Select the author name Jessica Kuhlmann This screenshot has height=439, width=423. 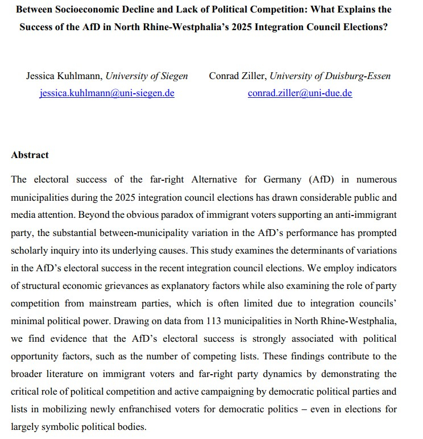coord(64,76)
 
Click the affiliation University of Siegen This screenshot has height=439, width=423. coord(147,76)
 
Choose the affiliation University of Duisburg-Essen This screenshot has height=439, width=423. coord(330,76)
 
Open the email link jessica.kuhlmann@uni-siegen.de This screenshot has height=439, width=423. coord(107,93)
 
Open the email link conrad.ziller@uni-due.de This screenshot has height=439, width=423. coord(300,93)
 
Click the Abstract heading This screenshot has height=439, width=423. coord(30,155)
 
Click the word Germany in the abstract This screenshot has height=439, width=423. coord(280,179)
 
